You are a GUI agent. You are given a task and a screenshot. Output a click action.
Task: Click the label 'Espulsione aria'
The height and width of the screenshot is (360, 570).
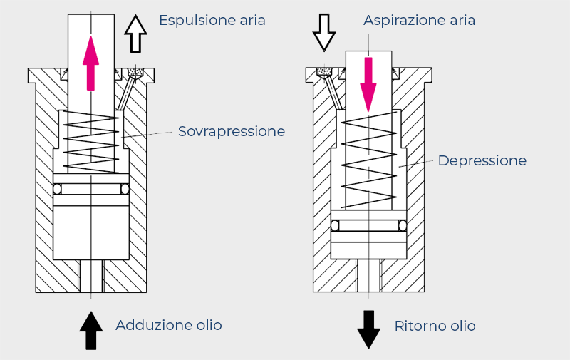[x=212, y=20]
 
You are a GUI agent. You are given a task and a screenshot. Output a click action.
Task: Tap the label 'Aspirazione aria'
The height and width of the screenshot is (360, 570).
[x=419, y=20]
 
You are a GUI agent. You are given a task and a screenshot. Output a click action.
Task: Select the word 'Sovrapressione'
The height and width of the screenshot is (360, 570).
[x=232, y=132]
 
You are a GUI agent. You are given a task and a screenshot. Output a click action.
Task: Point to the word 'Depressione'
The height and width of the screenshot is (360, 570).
[x=482, y=161]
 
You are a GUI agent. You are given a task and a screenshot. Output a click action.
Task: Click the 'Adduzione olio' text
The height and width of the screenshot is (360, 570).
[x=169, y=326]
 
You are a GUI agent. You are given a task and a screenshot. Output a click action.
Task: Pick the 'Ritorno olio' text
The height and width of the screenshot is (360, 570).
[x=435, y=326]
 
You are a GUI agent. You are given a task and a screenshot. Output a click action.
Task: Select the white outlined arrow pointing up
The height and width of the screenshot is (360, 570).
[x=135, y=34]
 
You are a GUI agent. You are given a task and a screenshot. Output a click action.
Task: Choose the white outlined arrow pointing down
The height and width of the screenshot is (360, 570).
[x=324, y=32]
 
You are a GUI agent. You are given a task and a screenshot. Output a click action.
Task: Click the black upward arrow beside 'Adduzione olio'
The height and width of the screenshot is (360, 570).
[x=91, y=330]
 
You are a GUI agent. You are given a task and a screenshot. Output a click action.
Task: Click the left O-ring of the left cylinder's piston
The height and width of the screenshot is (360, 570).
[x=58, y=189]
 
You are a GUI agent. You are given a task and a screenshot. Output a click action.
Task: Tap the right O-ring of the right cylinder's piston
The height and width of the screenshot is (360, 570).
[x=403, y=225]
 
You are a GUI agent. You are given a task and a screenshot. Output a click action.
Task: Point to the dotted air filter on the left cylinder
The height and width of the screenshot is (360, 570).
[x=135, y=73]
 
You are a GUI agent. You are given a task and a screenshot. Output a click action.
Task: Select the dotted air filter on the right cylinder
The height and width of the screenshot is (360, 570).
[x=324, y=72]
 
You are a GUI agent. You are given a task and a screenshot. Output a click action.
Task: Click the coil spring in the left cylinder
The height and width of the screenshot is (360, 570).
[x=91, y=143]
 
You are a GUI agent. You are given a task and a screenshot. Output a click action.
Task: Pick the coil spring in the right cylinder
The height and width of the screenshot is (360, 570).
[x=368, y=164]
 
